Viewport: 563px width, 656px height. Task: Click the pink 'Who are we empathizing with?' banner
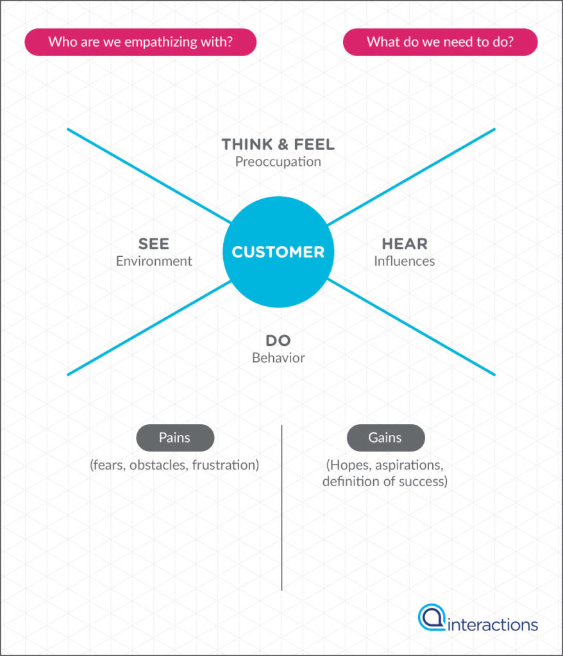point(140,42)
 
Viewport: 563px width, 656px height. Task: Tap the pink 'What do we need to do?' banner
point(440,42)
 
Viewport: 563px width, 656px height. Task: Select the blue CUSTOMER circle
point(278,252)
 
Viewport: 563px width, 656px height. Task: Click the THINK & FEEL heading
point(278,145)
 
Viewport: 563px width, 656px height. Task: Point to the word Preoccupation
point(278,161)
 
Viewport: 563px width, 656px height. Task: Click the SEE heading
point(154,244)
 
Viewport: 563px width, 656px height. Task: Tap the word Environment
point(154,261)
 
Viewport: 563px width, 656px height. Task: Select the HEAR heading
point(404,244)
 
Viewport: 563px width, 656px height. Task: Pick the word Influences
point(404,261)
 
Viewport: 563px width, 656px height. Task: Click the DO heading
point(278,341)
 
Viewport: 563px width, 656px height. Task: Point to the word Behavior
point(278,358)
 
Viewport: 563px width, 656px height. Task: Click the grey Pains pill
point(175,438)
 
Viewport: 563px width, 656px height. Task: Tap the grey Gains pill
point(385,438)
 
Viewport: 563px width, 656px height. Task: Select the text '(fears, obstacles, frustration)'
point(174,465)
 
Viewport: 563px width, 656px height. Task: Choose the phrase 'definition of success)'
point(385,481)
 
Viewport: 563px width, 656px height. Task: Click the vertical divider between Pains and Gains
point(281,506)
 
